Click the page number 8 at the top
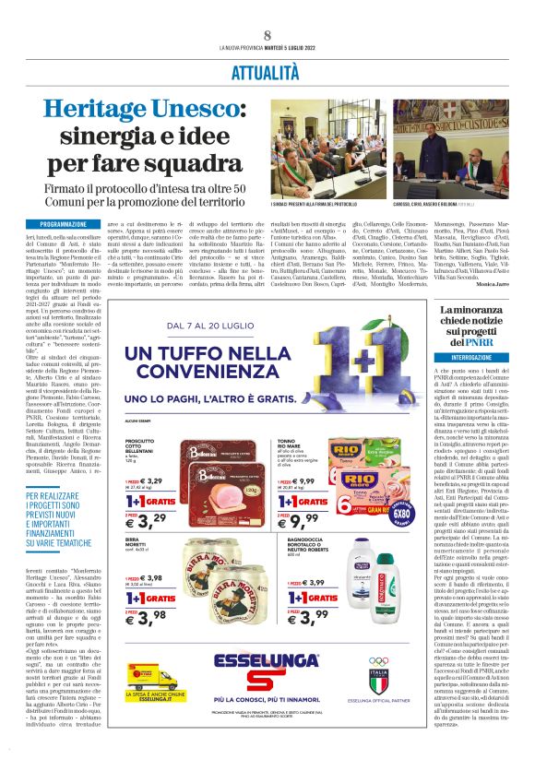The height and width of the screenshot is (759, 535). click(x=267, y=34)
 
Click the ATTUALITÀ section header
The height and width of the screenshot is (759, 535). click(x=267, y=70)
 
